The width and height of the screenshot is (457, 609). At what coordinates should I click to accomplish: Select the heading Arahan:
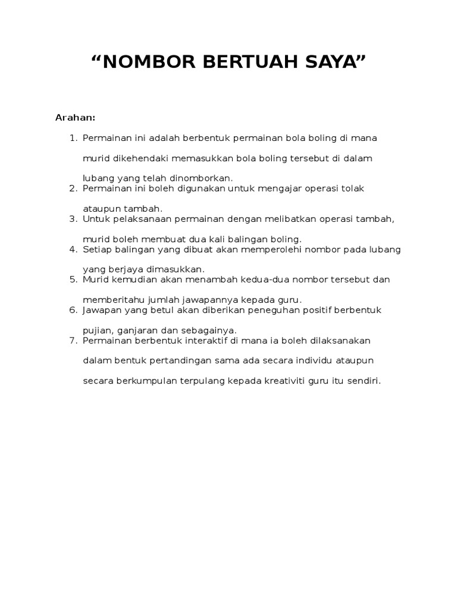(x=76, y=117)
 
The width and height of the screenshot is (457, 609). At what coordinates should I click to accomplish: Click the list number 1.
(x=73, y=138)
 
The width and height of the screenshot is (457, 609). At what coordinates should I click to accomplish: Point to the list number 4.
(x=73, y=249)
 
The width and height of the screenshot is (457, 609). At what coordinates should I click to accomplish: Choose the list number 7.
(x=73, y=340)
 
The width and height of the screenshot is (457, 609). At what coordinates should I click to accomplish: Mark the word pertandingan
(x=180, y=360)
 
